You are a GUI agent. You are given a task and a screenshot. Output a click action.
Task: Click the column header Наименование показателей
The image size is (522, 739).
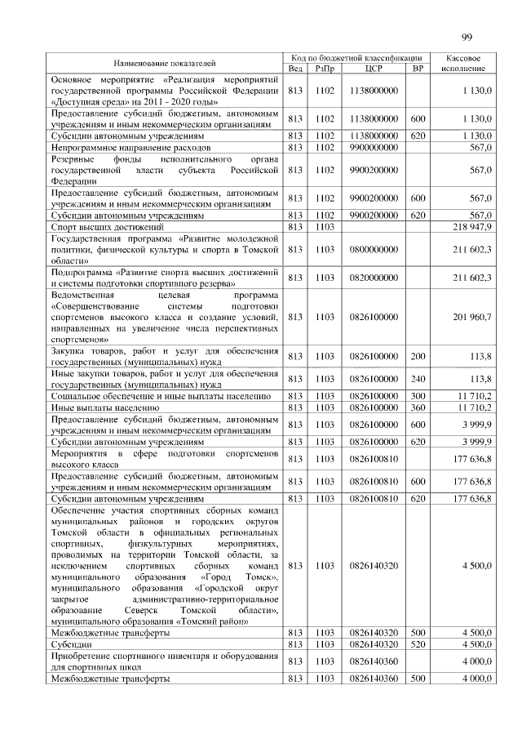165,63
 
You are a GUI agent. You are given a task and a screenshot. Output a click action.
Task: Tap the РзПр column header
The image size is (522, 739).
324,69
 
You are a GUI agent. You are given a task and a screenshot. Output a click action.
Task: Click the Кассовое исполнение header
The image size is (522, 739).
463,63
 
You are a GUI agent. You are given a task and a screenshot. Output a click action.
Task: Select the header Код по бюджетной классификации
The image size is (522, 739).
356,57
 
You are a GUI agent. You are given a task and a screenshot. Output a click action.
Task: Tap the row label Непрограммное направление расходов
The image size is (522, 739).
130,147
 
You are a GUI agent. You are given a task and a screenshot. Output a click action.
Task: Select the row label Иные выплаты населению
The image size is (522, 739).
104,407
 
